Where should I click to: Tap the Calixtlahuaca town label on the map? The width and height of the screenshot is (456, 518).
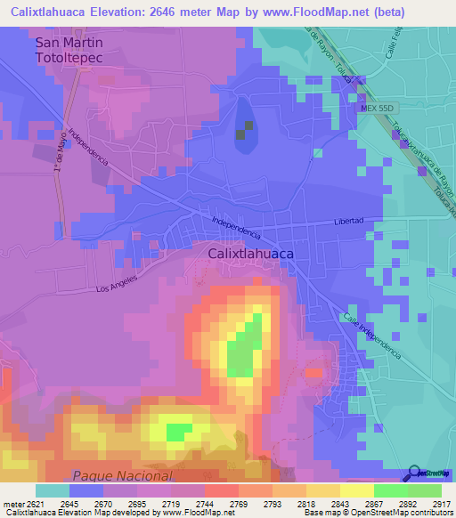coord(250,253)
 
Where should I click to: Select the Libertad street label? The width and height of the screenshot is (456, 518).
coord(349,221)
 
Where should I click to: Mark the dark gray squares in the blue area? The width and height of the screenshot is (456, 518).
coord(243,130)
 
